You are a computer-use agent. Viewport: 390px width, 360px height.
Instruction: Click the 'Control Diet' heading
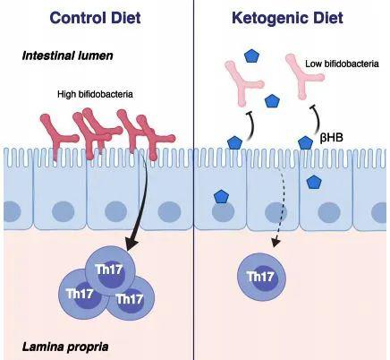pyautogui.click(x=95, y=18)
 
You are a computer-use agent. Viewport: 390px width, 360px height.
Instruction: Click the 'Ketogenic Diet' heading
pyautogui.click(x=287, y=18)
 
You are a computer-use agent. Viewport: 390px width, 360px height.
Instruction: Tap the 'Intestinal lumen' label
pyautogui.click(x=68, y=56)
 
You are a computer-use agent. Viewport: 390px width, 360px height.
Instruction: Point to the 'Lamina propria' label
pyautogui.click(x=65, y=347)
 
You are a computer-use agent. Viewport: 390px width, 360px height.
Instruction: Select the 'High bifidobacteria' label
pyautogui.click(x=95, y=94)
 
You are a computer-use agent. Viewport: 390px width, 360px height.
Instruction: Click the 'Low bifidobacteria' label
pyautogui.click(x=342, y=64)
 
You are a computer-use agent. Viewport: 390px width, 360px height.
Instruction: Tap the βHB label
pyautogui.click(x=331, y=138)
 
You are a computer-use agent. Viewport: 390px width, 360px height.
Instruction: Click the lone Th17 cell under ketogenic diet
pyautogui.click(x=261, y=277)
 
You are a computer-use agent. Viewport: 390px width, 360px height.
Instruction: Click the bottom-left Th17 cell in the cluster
pyautogui.click(x=81, y=294)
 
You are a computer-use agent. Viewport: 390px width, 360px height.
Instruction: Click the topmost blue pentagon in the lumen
pyautogui.click(x=252, y=56)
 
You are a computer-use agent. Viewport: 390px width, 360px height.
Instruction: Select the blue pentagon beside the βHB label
pyautogui.click(x=305, y=142)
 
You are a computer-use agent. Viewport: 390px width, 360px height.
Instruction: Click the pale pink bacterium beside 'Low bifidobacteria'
pyautogui.click(x=303, y=76)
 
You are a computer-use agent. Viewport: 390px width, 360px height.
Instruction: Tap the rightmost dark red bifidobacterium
pyautogui.click(x=154, y=137)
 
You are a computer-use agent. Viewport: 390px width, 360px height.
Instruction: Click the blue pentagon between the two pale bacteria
pyautogui.click(x=273, y=101)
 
